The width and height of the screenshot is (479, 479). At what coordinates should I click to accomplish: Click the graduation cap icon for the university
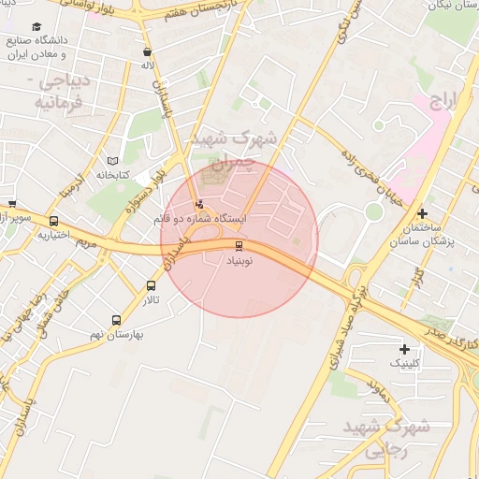36,27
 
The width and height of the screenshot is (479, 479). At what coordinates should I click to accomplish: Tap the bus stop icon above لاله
148,52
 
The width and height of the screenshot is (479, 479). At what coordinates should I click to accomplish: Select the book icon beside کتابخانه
113,160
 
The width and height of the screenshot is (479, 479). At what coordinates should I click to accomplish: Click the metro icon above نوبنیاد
239,246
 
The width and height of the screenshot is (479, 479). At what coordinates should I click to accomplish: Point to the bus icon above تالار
152,286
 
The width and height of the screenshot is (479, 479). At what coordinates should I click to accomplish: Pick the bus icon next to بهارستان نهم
116,320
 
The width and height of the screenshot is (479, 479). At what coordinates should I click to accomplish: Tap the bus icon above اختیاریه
53,222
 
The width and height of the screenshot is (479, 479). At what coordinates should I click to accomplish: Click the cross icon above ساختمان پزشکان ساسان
422,214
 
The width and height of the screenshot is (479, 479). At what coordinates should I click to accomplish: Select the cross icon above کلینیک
404,348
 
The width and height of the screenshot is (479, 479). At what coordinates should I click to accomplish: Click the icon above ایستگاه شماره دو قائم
198,204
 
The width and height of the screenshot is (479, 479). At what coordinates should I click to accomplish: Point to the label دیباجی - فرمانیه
62,90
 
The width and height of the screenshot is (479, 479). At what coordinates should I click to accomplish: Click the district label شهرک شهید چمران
234,149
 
